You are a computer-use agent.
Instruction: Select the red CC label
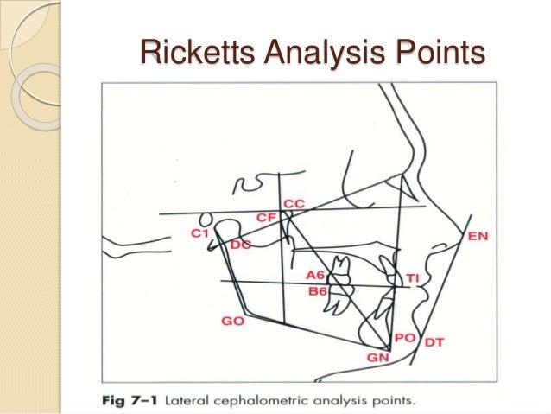click(x=294, y=203)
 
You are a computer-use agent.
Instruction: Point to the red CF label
click(x=266, y=218)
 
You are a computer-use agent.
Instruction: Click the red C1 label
click(x=200, y=233)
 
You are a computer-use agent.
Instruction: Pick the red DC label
click(x=240, y=245)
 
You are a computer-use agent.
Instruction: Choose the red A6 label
click(x=317, y=275)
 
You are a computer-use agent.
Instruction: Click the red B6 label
click(x=319, y=291)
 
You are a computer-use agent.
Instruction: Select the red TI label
click(x=413, y=277)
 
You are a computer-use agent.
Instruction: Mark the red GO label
click(x=232, y=321)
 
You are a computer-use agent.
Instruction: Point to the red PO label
click(x=404, y=338)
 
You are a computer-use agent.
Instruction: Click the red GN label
click(x=378, y=357)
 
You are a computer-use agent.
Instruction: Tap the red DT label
click(x=434, y=343)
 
